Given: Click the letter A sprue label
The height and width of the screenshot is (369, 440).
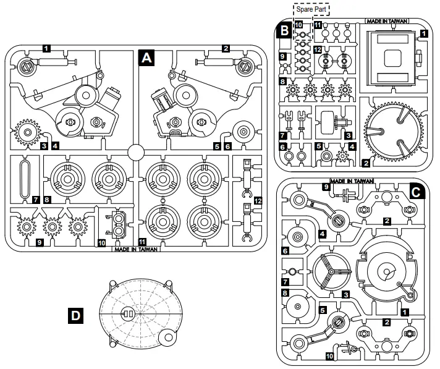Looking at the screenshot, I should click(146, 58).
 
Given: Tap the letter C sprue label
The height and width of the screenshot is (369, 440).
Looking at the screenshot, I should click(417, 192).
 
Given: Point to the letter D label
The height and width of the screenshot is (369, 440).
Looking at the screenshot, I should click(75, 315).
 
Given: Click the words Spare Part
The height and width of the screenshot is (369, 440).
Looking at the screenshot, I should click(311, 10).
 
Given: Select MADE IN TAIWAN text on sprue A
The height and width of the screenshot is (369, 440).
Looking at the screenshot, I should click(136, 250).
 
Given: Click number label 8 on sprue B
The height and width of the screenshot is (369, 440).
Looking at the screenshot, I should click(282, 81).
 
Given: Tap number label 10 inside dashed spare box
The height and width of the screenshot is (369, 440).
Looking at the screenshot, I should click(298, 25).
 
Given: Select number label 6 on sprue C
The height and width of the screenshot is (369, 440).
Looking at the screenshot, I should click(286, 251).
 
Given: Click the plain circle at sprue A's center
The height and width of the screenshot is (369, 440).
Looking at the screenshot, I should click(136, 152).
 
